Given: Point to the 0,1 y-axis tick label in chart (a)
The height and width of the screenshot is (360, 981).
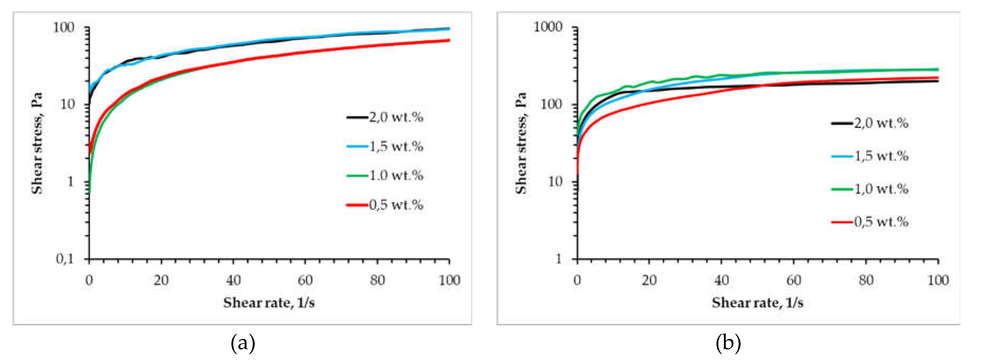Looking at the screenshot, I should pyautogui.click(x=65, y=259).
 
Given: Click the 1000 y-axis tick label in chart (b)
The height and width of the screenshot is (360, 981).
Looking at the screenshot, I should pyautogui.click(x=548, y=27).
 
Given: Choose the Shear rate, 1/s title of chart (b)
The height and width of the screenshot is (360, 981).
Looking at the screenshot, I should pyautogui.click(x=758, y=303).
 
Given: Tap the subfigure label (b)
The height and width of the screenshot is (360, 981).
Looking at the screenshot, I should pyautogui.click(x=728, y=343).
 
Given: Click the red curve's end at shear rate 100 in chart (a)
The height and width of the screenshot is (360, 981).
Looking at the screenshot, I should pyautogui.click(x=449, y=40).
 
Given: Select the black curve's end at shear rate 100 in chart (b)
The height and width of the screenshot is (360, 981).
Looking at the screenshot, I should pyautogui.click(x=937, y=81).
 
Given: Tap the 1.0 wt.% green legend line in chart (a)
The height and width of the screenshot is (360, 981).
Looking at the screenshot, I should pyautogui.click(x=357, y=176).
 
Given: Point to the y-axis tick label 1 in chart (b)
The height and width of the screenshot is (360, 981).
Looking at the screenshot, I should pyautogui.click(x=558, y=259).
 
